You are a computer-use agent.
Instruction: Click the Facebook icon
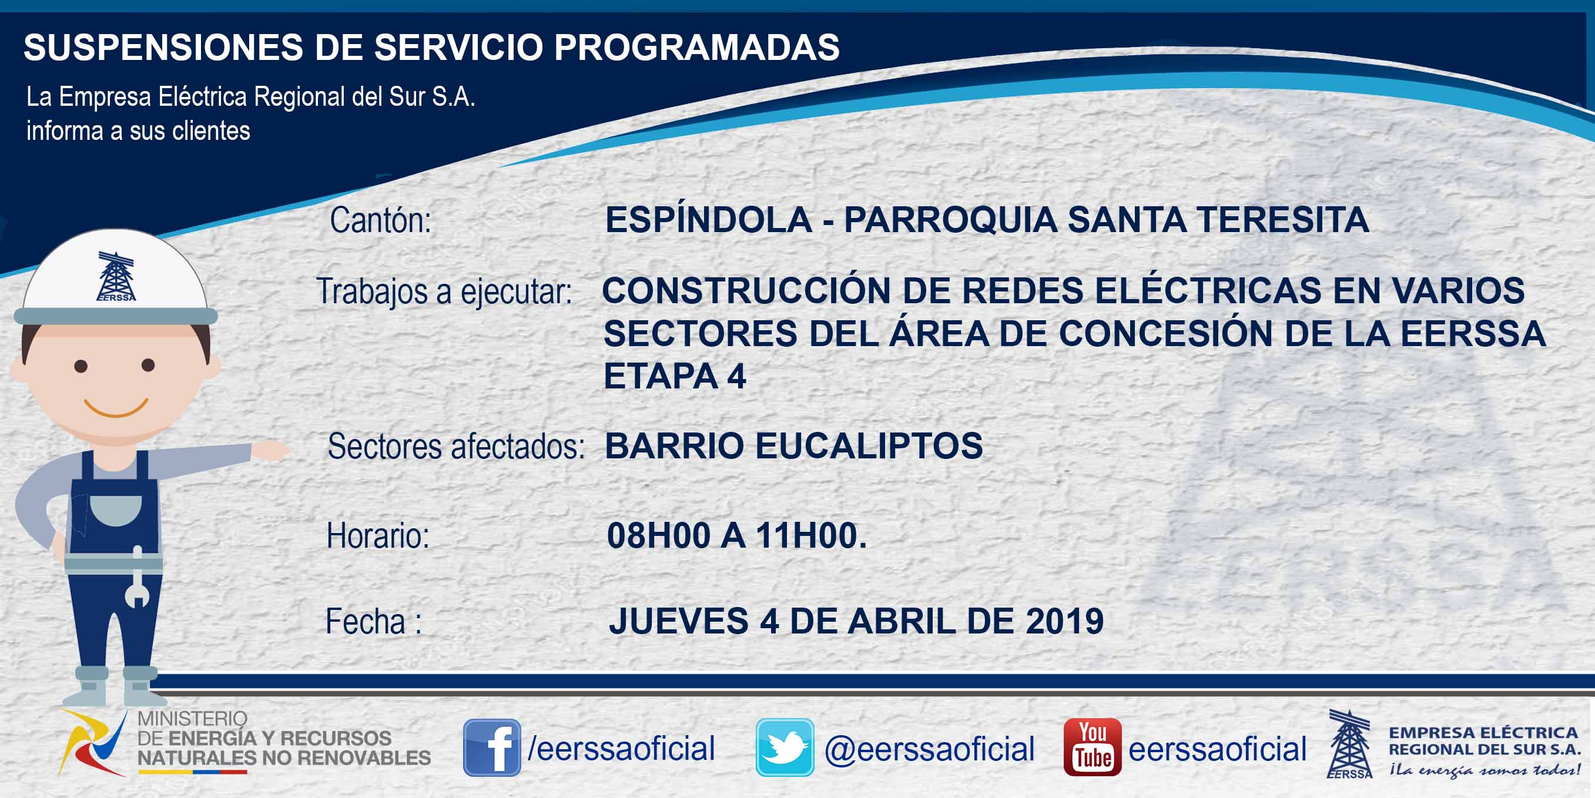492,747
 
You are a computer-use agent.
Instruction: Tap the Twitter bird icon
785,747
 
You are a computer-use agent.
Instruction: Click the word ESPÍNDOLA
709,220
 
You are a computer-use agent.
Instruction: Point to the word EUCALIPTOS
869,446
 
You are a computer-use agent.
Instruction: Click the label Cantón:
380,220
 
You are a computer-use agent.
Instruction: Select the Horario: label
378,536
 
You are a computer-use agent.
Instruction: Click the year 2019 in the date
1064,621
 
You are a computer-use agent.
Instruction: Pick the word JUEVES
679,621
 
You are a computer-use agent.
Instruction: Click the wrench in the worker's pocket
137,577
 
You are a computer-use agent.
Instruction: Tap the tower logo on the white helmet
116,276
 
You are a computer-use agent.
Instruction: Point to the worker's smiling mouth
116,408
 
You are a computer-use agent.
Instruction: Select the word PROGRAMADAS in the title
696,47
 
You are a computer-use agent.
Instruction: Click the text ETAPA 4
675,375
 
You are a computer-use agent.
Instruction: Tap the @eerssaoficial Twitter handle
929,749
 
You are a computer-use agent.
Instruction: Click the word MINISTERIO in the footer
192,719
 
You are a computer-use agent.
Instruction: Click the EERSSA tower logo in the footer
1350,743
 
